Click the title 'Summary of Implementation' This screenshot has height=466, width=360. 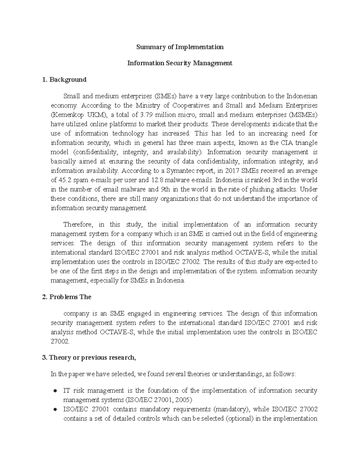180,47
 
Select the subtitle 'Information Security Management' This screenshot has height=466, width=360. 180,63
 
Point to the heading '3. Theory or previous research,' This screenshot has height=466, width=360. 89,358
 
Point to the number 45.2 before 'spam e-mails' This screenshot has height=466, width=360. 65,180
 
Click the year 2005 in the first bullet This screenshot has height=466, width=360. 183,400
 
